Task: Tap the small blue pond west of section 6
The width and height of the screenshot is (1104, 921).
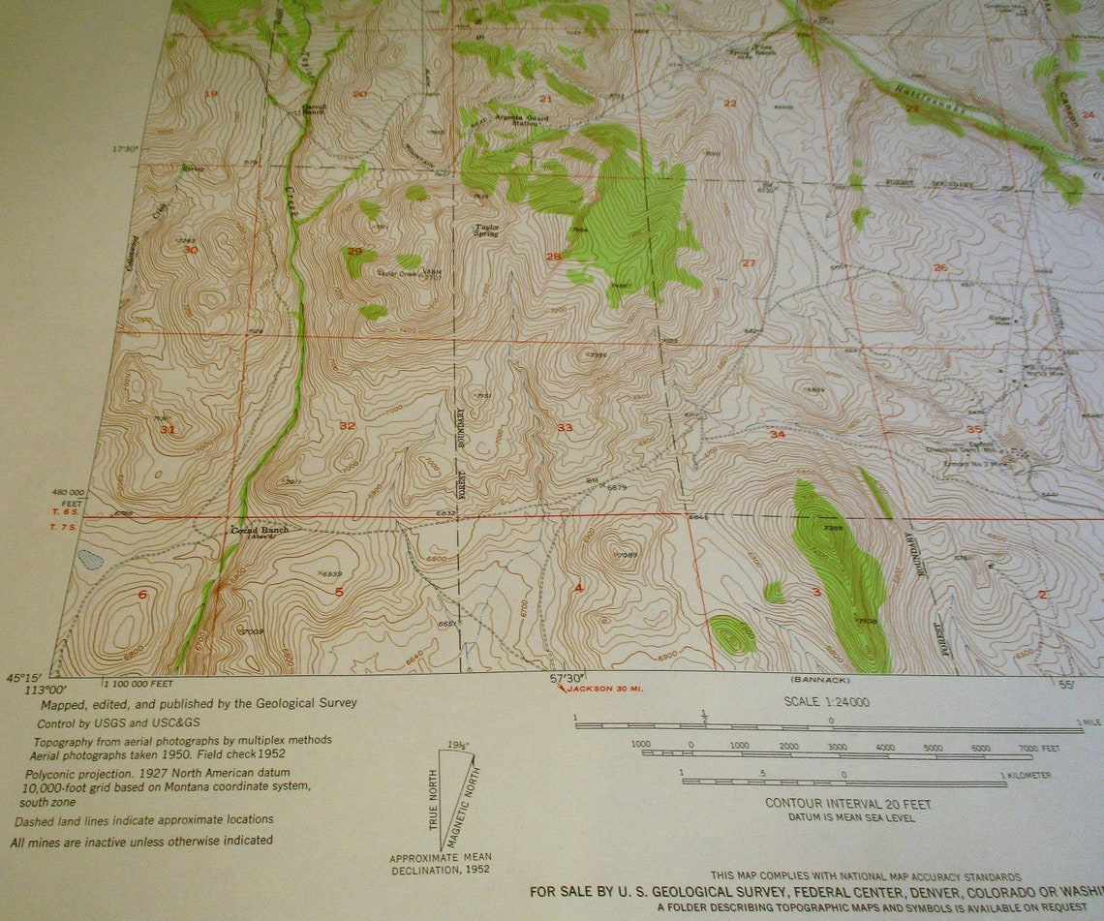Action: point(89,559)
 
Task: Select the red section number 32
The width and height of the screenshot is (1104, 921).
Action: point(347,425)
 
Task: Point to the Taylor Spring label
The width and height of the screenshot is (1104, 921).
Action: point(486,231)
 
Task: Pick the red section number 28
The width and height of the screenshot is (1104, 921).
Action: point(553,257)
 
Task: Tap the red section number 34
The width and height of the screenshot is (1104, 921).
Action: point(777,434)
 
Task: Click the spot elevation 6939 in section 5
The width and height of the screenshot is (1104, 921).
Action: point(331,574)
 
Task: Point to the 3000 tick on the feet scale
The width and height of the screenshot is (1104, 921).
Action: point(838,747)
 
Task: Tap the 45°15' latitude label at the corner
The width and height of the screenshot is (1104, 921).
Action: point(26,678)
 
